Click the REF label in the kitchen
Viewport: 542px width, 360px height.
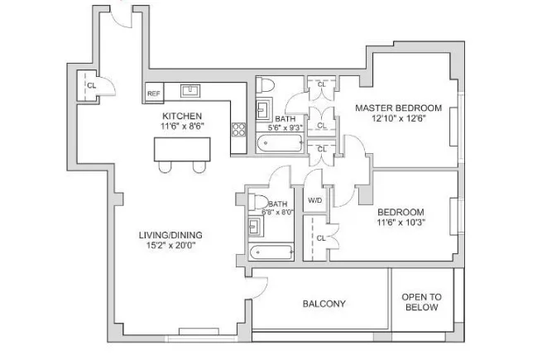point(153,94)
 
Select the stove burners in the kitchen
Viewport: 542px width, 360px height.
point(238,129)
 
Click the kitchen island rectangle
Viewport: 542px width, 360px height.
point(183,149)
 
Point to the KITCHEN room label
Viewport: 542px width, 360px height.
point(182,115)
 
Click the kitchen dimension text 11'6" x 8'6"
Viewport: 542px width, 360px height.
point(182,126)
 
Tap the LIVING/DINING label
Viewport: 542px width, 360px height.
point(170,235)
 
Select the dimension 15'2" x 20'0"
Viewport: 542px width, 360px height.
point(170,246)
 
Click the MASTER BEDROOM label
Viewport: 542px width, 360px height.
point(398,108)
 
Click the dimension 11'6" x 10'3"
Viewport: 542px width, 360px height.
point(401,223)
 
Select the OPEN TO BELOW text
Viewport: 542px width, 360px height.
point(421,302)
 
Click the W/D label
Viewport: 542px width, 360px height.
point(314,201)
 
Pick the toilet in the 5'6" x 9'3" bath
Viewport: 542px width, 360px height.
point(266,85)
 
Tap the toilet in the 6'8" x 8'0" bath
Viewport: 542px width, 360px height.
point(258,202)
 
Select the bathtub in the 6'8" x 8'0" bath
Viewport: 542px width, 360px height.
point(271,252)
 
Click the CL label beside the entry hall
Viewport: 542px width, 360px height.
point(91,84)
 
